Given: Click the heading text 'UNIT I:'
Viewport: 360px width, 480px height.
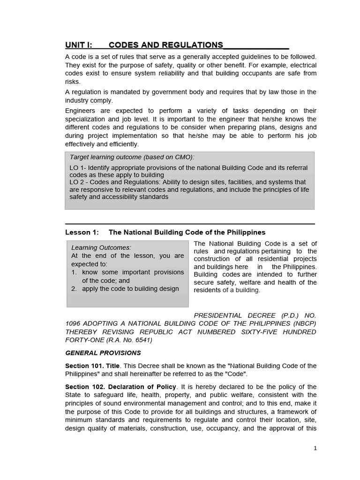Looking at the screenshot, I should tap(79, 45).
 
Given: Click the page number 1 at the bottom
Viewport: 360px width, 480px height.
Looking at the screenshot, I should tap(315, 448).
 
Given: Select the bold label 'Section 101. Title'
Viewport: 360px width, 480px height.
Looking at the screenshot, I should tap(92, 366).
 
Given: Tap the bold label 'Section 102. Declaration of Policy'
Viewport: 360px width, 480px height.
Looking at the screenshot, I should tap(120, 386).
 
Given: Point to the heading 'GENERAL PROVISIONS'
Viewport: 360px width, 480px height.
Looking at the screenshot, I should tap(103, 352).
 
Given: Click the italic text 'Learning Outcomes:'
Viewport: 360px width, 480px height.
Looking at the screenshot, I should tap(101, 247).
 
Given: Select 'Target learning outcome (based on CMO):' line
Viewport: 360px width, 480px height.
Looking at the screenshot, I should tap(132, 157).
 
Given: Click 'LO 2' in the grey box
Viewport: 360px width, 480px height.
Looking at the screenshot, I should tap(77, 182).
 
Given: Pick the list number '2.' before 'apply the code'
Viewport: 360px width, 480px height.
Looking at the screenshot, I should tap(74, 289).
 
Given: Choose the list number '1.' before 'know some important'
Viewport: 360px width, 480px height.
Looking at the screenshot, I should tap(74, 272).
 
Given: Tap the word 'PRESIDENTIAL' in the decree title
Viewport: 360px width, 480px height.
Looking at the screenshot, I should tap(218, 315).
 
